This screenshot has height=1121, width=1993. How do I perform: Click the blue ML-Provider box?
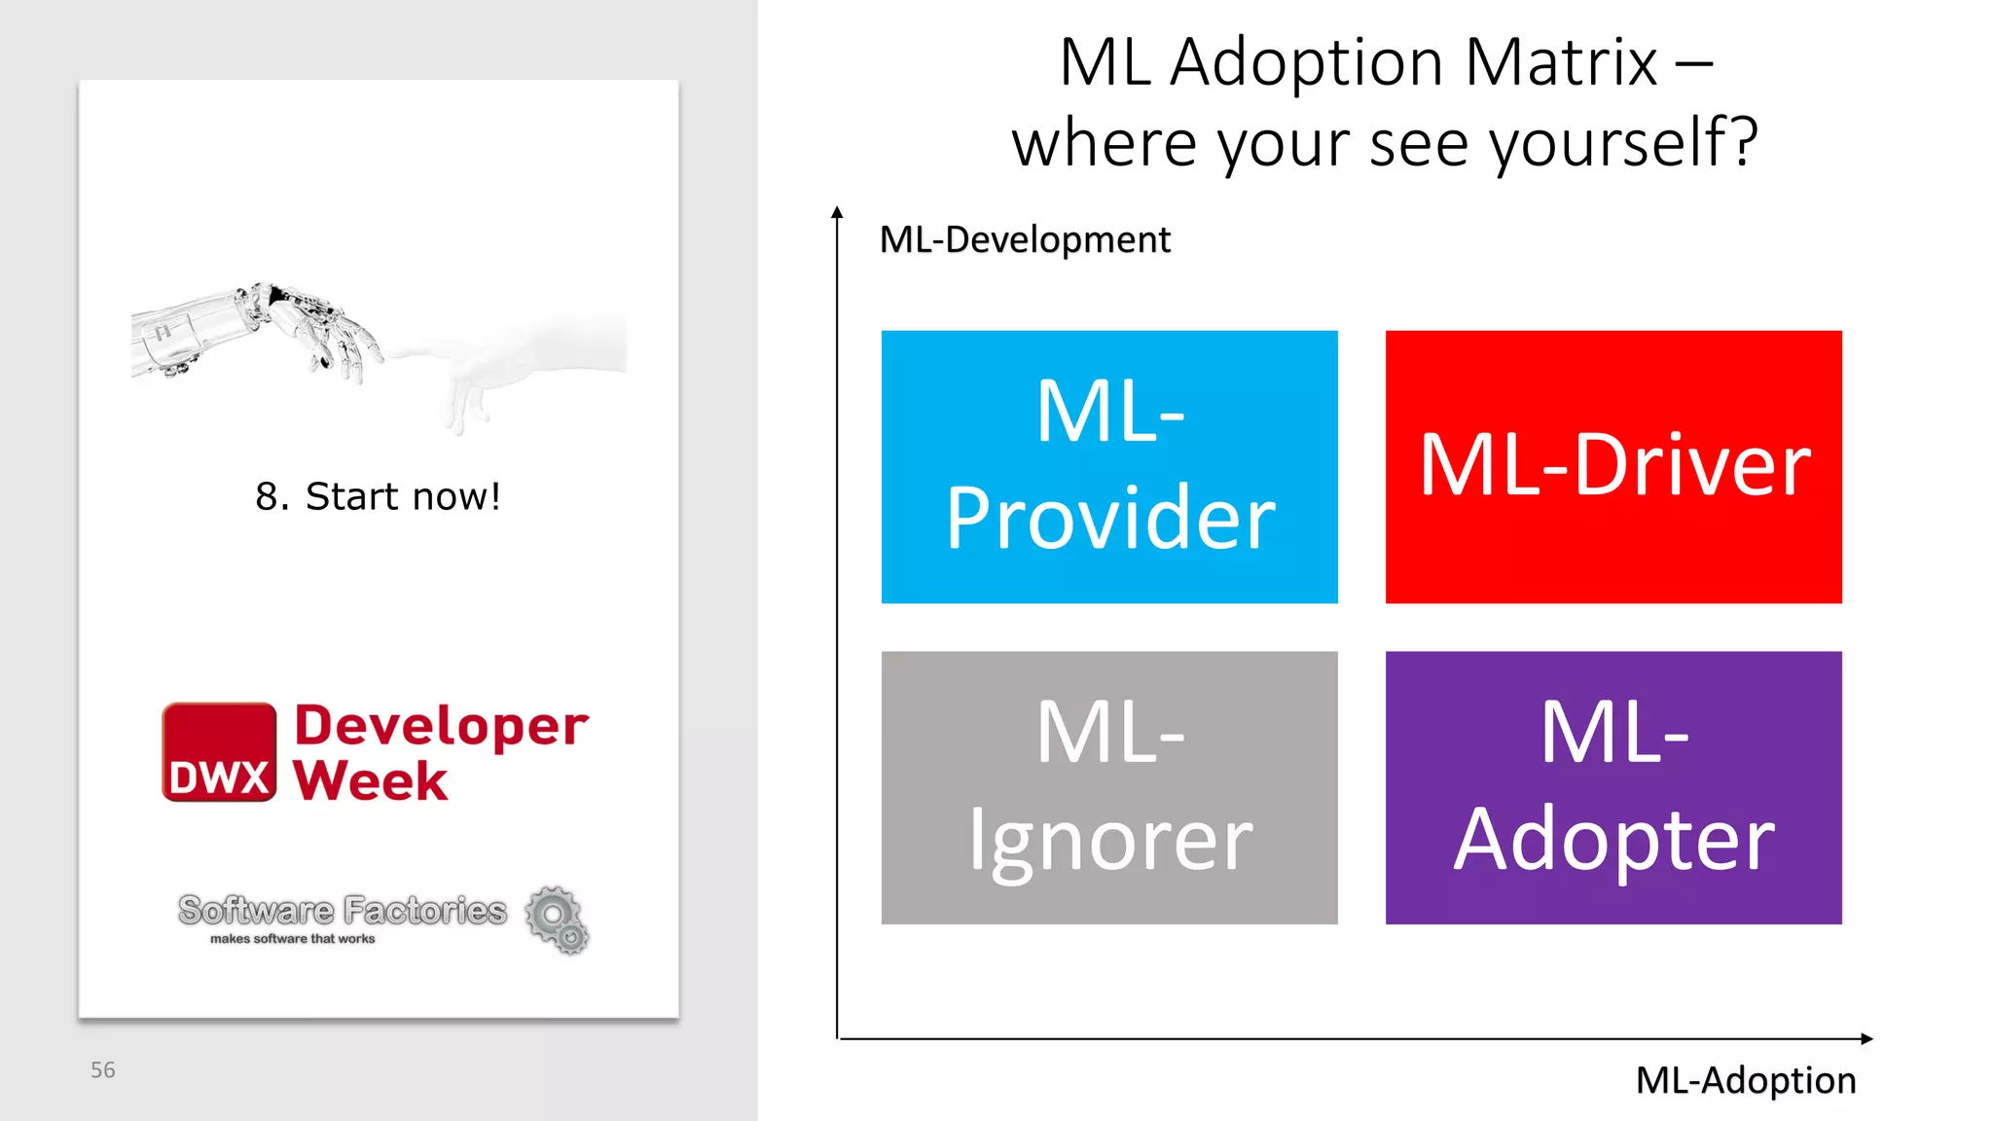pyautogui.click(x=1109, y=467)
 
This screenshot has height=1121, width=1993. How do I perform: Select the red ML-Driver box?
pyautogui.click(x=1613, y=467)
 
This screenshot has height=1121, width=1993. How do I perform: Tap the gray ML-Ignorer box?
pyautogui.click(x=1109, y=787)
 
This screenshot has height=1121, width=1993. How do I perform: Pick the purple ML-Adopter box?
pyautogui.click(x=1613, y=787)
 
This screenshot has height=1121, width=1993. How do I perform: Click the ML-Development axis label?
pyautogui.click(x=1025, y=240)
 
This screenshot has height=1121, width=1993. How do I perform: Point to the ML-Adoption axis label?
pyautogui.click(x=1745, y=1080)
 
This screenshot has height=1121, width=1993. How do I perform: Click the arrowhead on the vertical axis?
pyautogui.click(x=837, y=211)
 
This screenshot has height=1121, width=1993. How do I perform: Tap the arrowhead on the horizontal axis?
pyautogui.click(x=1866, y=1038)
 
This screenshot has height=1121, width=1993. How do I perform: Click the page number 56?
pyautogui.click(x=103, y=1070)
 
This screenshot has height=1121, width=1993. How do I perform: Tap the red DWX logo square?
pyautogui.click(x=219, y=752)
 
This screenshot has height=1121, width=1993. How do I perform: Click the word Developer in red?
pyautogui.click(x=441, y=726)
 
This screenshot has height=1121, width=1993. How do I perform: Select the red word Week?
pyautogui.click(x=370, y=780)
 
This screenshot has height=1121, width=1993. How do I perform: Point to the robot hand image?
pyautogui.click(x=263, y=331)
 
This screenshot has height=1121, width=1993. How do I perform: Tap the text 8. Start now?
pyautogui.click(x=378, y=496)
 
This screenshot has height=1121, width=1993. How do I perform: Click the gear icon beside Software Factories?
pyautogui.click(x=558, y=919)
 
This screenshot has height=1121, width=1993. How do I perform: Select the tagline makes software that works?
pyautogui.click(x=292, y=939)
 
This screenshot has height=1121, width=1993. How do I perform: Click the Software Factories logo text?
pyautogui.click(x=343, y=910)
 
